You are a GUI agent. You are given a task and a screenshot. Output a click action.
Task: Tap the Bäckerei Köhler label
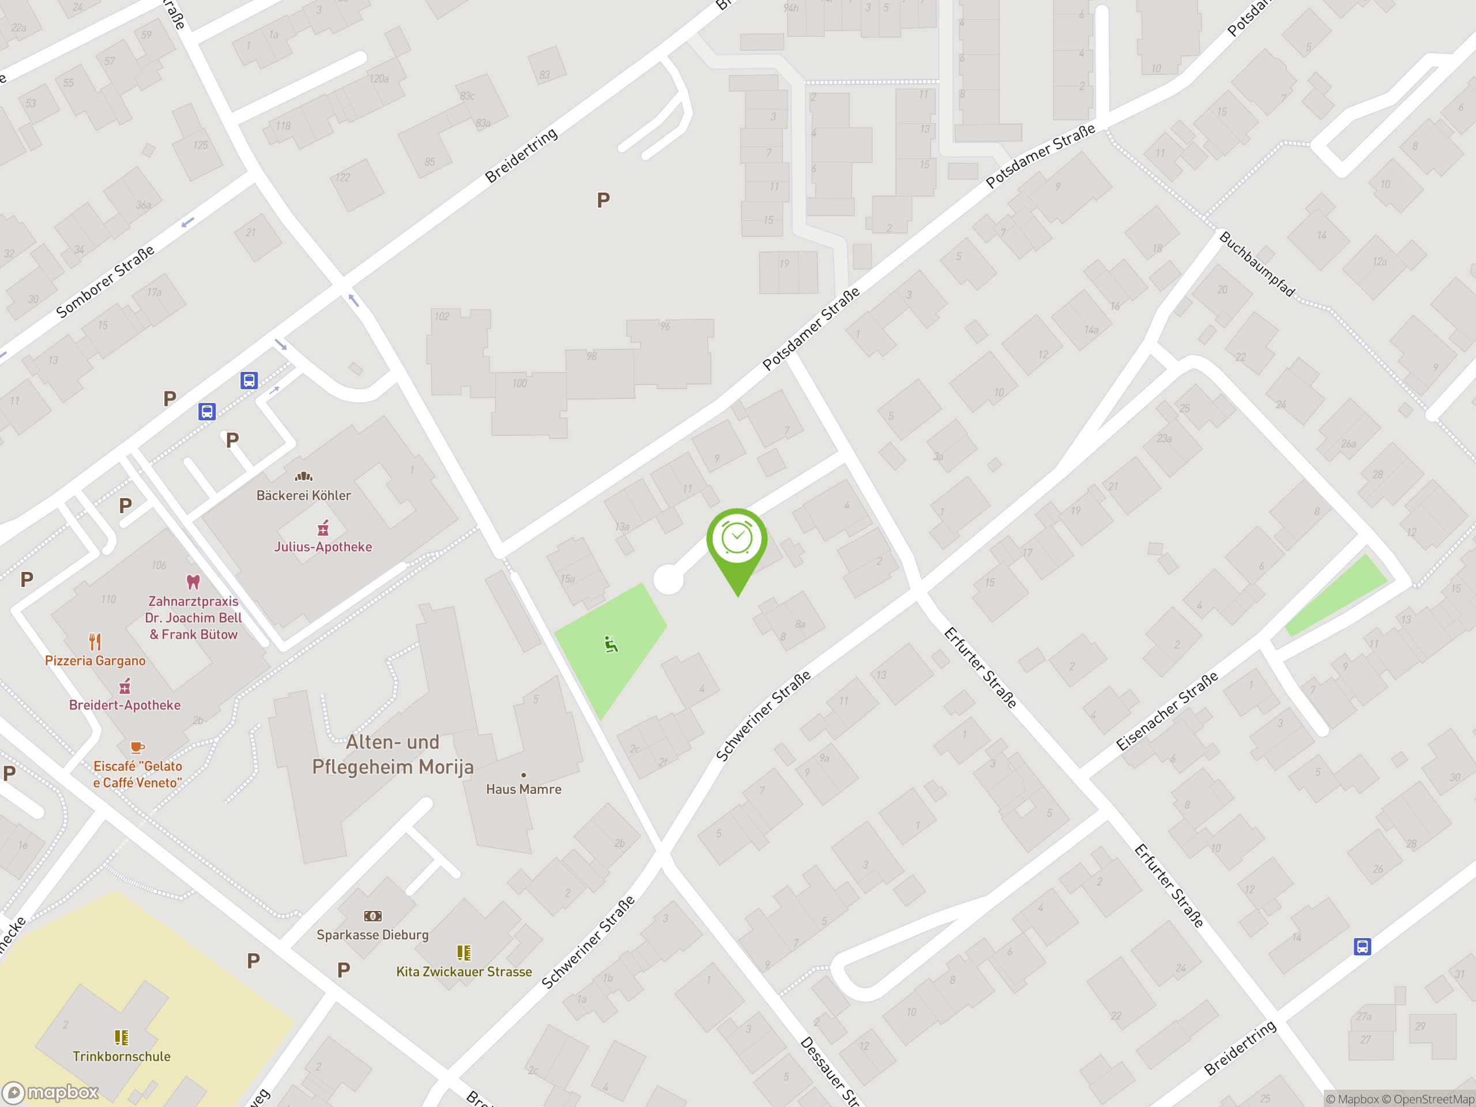click(304, 495)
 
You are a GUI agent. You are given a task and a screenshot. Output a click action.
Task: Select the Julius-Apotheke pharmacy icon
click(323, 529)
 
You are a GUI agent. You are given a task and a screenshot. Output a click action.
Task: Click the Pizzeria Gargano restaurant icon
click(95, 642)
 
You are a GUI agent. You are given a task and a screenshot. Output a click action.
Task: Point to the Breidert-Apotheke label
click(125, 705)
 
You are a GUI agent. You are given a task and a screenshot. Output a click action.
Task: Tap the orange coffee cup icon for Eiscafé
click(137, 747)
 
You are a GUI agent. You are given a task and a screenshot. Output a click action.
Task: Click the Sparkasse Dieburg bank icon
click(372, 916)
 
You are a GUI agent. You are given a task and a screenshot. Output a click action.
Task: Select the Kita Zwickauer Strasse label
click(464, 972)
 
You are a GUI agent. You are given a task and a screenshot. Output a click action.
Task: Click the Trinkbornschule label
click(122, 1056)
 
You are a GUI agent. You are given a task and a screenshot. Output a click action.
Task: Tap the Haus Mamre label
click(523, 789)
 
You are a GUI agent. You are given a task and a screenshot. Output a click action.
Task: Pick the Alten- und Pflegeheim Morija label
click(393, 755)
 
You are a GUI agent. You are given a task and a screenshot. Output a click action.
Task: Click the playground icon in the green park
click(611, 644)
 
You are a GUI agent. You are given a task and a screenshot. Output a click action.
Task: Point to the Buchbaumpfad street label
click(1256, 264)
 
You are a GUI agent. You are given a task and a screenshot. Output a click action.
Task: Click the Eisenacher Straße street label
click(1167, 711)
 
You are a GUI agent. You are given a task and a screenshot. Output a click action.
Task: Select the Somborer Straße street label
click(106, 281)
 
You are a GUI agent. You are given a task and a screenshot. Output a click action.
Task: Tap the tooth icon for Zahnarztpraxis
click(193, 582)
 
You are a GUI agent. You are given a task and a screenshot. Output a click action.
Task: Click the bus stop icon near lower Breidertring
click(1362, 946)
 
